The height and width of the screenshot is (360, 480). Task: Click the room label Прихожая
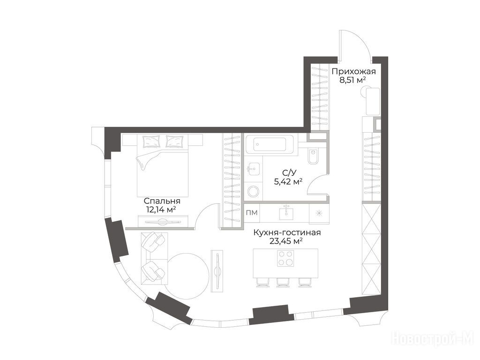click(x=353, y=72)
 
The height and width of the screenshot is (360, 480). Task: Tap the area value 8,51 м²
click(x=353, y=81)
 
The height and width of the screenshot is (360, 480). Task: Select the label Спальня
click(x=162, y=201)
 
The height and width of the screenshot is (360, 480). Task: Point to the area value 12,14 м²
click(x=161, y=210)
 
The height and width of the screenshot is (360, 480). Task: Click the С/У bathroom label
click(x=289, y=173)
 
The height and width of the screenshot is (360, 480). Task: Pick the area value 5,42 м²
click(x=288, y=182)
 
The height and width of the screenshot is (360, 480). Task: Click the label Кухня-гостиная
click(x=287, y=232)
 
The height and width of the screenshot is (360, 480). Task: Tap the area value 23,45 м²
click(x=286, y=241)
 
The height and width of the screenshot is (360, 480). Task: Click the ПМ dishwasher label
click(x=252, y=212)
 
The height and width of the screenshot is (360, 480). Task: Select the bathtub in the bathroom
click(x=270, y=144)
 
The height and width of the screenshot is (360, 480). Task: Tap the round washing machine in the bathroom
click(x=254, y=192)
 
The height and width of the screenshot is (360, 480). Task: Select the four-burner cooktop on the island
click(x=285, y=258)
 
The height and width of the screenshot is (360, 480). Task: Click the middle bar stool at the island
click(x=283, y=282)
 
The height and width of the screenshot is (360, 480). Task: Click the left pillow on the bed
click(x=151, y=142)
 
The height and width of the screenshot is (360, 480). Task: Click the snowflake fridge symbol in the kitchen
click(x=319, y=214)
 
